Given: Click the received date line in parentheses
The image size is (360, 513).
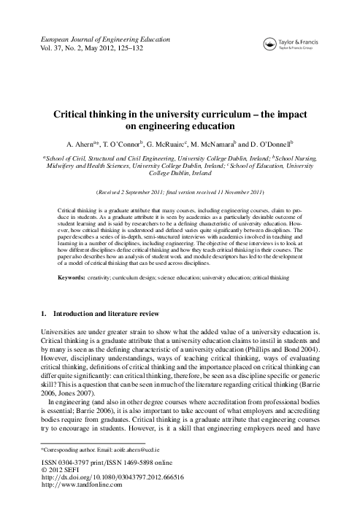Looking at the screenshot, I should (x=180, y=192).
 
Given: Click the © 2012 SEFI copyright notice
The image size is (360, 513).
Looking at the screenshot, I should (x=66, y=471).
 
